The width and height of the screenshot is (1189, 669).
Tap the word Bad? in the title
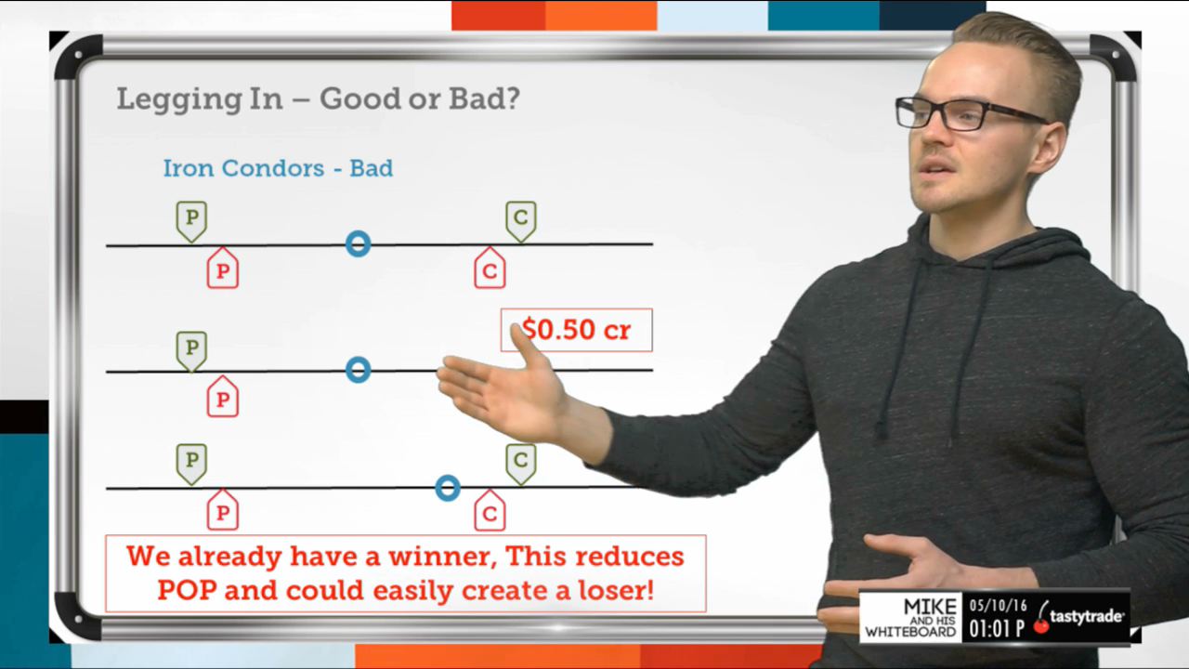[x=485, y=98]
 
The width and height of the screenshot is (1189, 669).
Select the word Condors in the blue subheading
[x=273, y=168]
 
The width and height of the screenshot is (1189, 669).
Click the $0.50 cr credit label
[x=577, y=330]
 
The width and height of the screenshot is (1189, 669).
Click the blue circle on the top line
[x=359, y=233]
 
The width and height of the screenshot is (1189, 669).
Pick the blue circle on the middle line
[x=359, y=358]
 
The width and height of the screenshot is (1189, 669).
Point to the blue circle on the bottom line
[x=448, y=477]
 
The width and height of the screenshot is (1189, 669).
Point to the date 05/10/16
[x=999, y=606]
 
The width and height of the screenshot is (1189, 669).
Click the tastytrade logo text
[x=1086, y=617]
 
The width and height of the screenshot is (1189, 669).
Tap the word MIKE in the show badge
[x=930, y=607]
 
